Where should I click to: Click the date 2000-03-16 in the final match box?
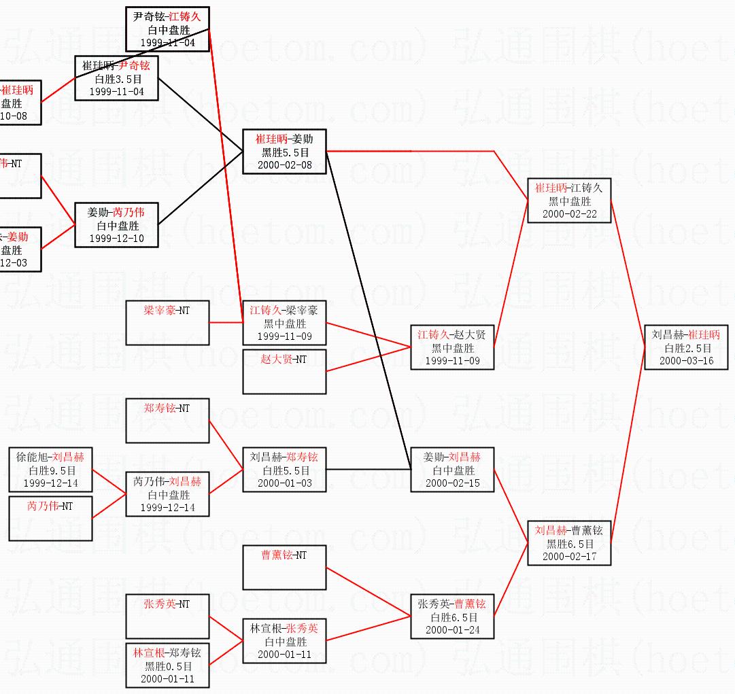tap(686, 361)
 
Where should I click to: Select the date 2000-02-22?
tap(569, 214)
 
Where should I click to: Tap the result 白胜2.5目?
tap(687, 348)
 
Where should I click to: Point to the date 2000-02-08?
tap(284, 165)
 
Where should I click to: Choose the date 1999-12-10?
tap(116, 239)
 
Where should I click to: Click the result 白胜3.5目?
tap(116, 79)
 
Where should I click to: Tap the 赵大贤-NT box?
tap(284, 371)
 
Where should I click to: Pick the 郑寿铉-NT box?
tap(167, 421)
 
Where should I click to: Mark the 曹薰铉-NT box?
tap(284, 567)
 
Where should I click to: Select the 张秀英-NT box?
tap(167, 615)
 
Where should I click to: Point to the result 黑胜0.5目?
tap(168, 666)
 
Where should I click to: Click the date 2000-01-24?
tap(452, 630)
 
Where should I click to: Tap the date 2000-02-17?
tap(569, 557)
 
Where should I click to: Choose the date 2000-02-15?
tap(452, 483)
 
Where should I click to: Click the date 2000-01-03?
tap(284, 483)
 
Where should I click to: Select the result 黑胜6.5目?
tap(570, 544)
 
